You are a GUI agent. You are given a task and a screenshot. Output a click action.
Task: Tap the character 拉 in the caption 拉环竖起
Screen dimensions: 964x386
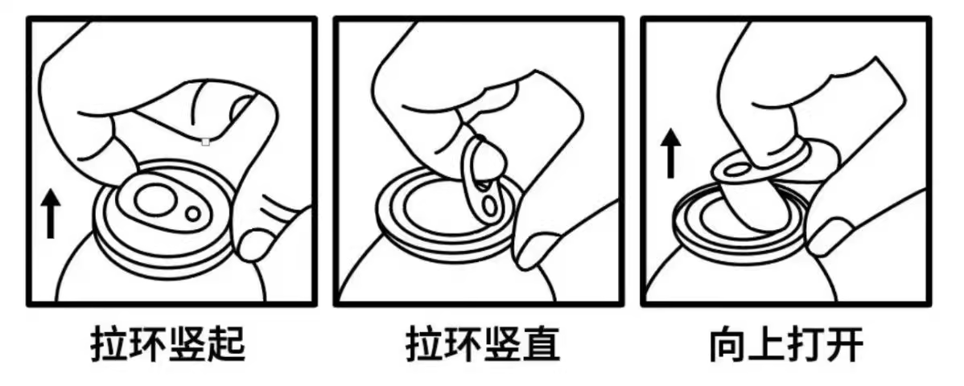[110, 344]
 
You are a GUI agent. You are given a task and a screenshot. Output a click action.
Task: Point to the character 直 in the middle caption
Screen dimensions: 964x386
[541, 344]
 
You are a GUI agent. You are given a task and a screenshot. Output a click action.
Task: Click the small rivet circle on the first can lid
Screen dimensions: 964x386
[193, 214]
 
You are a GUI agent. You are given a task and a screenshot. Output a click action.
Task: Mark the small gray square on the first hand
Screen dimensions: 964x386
[206, 142]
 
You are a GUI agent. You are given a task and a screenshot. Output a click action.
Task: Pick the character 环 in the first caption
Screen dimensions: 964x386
[149, 344]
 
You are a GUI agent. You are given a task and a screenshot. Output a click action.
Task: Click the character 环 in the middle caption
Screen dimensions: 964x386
[463, 344]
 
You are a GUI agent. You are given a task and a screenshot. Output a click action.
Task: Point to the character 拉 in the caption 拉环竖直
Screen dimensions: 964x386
[424, 344]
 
